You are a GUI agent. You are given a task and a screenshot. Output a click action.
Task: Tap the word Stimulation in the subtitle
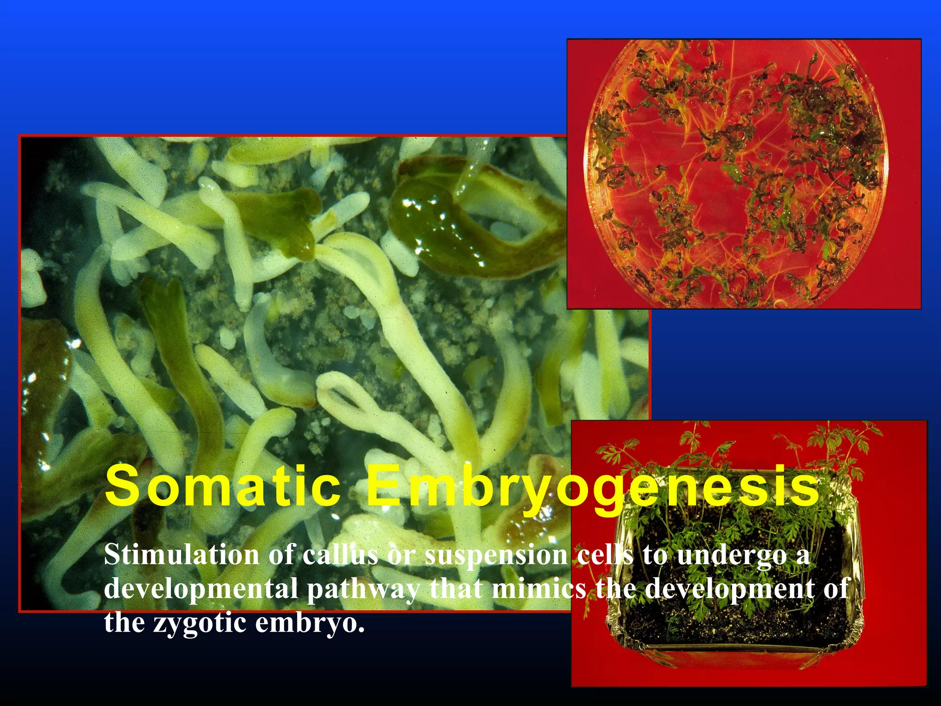(181, 555)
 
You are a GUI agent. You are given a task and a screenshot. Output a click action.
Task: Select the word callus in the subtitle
(340, 555)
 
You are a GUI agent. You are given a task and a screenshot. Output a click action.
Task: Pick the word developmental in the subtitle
(201, 589)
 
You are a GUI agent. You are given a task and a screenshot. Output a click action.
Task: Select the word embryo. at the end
(310, 623)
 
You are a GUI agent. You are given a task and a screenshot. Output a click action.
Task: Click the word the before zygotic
(125, 622)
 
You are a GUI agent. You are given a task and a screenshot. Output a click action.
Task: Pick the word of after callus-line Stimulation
(282, 555)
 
